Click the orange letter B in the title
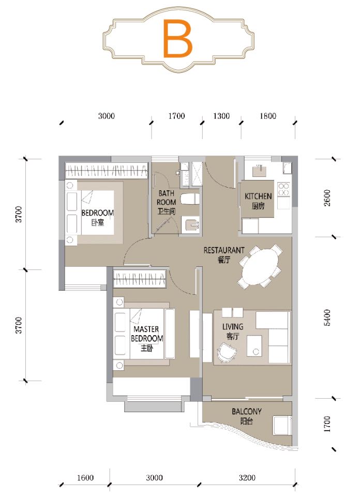pos(177,38)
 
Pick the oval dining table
pos(260,266)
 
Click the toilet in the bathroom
pos(190,199)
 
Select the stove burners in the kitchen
pos(283,189)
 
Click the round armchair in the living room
pos(227,352)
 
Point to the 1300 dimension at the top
pos(221,116)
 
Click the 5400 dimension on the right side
pos(327,317)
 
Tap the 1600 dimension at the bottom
pos(85,477)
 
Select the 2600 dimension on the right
pos(327,198)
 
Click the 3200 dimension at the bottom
pos(247,477)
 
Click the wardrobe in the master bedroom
pos(140,279)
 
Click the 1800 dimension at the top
pos(268,116)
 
